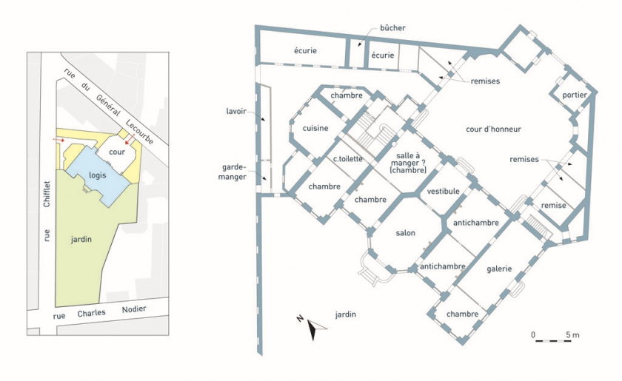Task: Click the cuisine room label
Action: click(315, 129)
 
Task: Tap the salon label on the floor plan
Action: click(406, 233)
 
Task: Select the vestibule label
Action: click(443, 191)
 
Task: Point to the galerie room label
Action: click(499, 269)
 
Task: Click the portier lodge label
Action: click(575, 95)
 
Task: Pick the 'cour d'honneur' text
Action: click(493, 129)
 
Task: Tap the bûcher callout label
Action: click(392, 28)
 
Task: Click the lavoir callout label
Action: click(236, 112)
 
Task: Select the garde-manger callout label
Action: click(232, 172)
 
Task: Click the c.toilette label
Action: click(348, 159)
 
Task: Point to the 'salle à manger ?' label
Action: click(408, 159)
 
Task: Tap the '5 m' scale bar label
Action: click(572, 335)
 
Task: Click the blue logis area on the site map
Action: click(98, 175)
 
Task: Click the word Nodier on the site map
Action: click(134, 309)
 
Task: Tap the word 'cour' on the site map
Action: click(117, 152)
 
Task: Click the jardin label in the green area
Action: click(81, 239)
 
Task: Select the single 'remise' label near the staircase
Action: click(553, 206)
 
